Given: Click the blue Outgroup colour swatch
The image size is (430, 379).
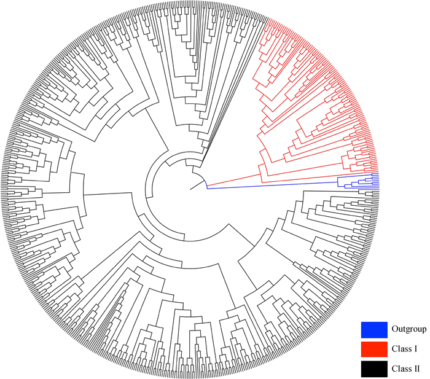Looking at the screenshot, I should [373, 329].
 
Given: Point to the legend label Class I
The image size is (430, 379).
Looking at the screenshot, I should [404, 349].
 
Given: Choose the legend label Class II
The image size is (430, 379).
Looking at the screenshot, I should [405, 369].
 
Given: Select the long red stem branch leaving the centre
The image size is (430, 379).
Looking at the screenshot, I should [233, 179].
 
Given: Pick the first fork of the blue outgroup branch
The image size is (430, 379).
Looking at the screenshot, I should [338, 180].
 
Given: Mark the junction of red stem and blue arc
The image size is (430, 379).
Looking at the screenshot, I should [206, 185].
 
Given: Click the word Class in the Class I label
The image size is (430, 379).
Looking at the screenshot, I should [401, 349].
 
